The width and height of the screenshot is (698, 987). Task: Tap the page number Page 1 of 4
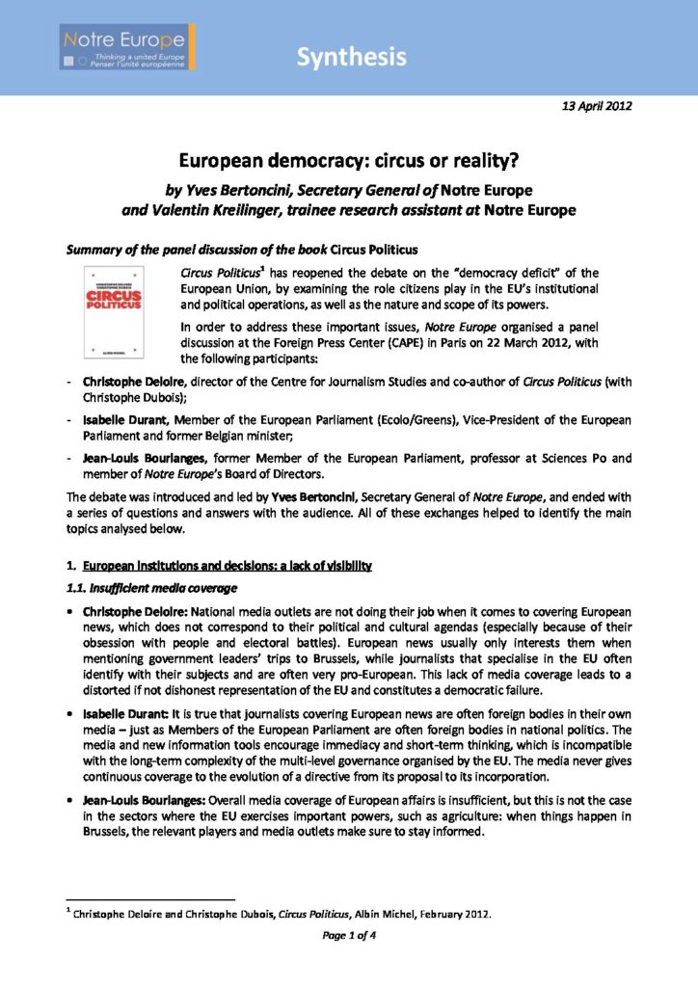(348, 934)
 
